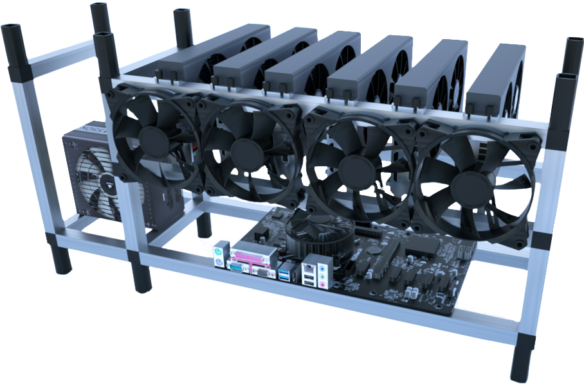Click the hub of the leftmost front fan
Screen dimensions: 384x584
152,141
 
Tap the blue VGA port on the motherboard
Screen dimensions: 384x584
263,272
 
